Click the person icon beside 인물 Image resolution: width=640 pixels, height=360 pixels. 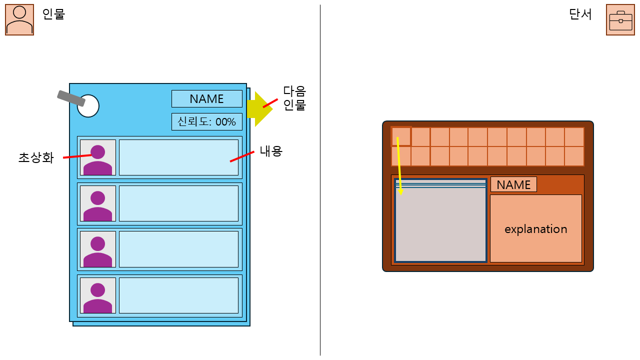click(19, 20)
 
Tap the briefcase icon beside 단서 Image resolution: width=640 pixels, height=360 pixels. click(620, 20)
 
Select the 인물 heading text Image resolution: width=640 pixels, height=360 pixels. click(53, 14)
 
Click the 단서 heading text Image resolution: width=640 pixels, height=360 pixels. click(580, 14)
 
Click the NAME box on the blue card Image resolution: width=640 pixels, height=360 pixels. click(206, 99)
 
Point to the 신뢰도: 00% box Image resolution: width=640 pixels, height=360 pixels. click(206, 121)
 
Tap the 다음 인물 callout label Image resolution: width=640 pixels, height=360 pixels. click(294, 98)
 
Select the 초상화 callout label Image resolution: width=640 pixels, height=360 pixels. click(36, 158)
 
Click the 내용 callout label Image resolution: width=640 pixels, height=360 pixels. click(271, 151)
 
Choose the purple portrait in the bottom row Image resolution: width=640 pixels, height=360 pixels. click(97, 296)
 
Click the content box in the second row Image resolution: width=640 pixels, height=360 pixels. click(178, 203)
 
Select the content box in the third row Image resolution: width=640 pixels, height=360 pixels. click(178, 249)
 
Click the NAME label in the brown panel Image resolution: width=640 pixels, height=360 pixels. click(513, 184)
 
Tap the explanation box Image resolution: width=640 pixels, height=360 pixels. click(535, 228)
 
